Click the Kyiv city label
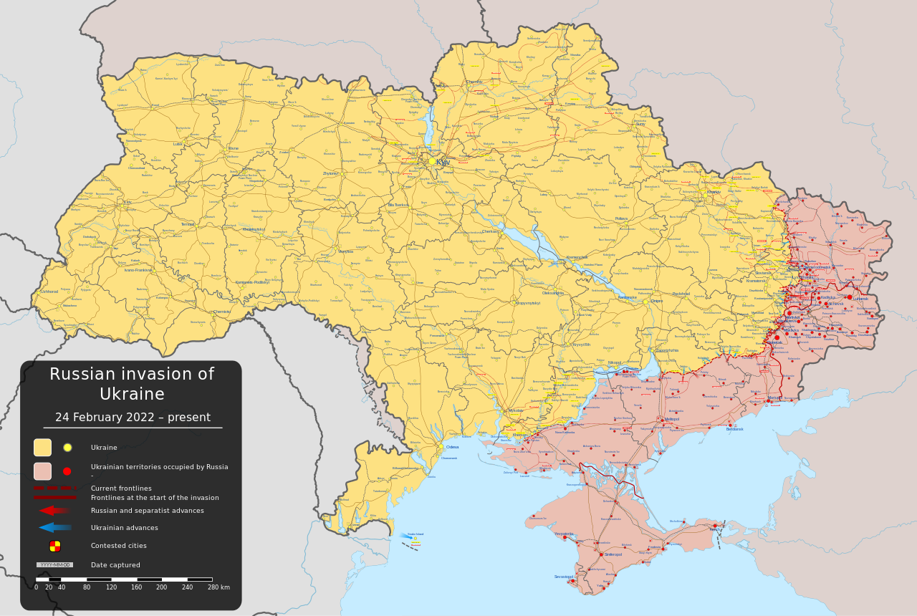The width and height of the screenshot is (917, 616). pyautogui.click(x=443, y=162)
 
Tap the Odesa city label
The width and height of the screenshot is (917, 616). pyautogui.click(x=452, y=447)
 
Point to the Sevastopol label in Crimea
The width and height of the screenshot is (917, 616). pyautogui.click(x=563, y=577)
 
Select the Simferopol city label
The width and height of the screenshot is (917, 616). pyautogui.click(x=613, y=554)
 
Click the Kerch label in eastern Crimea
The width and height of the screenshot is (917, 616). pyautogui.click(x=716, y=529)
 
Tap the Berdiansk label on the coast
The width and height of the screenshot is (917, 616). pyautogui.click(x=734, y=429)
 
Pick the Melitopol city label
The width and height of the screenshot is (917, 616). pyautogui.click(x=671, y=419)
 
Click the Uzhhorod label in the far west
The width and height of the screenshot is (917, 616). pyautogui.click(x=49, y=292)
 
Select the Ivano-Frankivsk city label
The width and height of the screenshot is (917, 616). pyautogui.click(x=138, y=270)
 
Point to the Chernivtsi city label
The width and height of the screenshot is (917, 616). pyautogui.click(x=222, y=312)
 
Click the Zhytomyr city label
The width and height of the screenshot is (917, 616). pyautogui.click(x=330, y=173)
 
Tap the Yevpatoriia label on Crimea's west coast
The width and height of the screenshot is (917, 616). pyautogui.click(x=564, y=534)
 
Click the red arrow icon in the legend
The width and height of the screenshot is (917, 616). pyautogui.click(x=54, y=511)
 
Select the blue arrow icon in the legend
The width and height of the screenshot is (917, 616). pyautogui.click(x=54, y=528)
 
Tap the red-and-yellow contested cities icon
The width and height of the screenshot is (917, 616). pyautogui.click(x=55, y=546)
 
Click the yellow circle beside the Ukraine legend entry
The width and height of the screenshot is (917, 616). pyautogui.click(x=67, y=448)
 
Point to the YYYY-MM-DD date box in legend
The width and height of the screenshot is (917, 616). pyautogui.click(x=54, y=565)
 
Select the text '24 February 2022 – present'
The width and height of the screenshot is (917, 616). pyautogui.click(x=133, y=418)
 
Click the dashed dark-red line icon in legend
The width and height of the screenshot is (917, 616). pyautogui.click(x=54, y=488)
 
